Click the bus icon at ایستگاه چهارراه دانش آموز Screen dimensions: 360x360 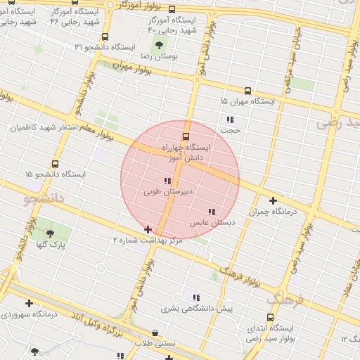(186, 136)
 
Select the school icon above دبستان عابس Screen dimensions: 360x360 (212, 212)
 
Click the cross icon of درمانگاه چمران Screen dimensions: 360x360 (273, 200)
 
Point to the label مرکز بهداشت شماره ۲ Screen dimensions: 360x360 (148, 240)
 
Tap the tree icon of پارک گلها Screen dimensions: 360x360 (49, 233)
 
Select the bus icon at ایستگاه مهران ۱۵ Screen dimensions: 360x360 (247, 91)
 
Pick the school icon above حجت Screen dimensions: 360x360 (230, 120)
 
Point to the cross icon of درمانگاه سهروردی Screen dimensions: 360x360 (29, 303)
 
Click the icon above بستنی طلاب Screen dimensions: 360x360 (155, 333)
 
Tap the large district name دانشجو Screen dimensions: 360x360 (44, 199)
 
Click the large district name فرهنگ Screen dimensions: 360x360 (285, 300)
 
